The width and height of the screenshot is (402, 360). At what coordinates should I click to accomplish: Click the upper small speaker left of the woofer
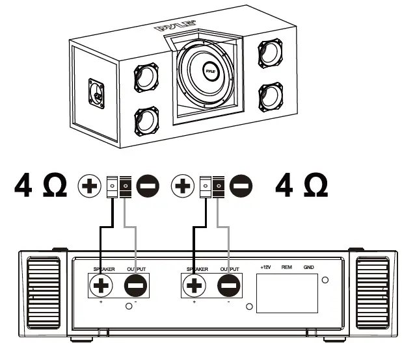(147, 78)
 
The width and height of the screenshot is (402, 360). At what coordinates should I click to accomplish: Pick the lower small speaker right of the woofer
(270, 96)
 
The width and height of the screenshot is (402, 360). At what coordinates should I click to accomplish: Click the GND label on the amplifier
(308, 268)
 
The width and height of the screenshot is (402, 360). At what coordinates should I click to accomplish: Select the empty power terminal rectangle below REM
(286, 294)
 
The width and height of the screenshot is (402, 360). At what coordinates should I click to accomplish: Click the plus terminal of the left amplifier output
(103, 285)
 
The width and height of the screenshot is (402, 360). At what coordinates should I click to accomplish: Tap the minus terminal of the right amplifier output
(228, 285)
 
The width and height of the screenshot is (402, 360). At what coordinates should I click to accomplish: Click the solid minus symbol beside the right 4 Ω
(240, 186)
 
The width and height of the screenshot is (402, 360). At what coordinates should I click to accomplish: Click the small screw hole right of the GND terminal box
(326, 280)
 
